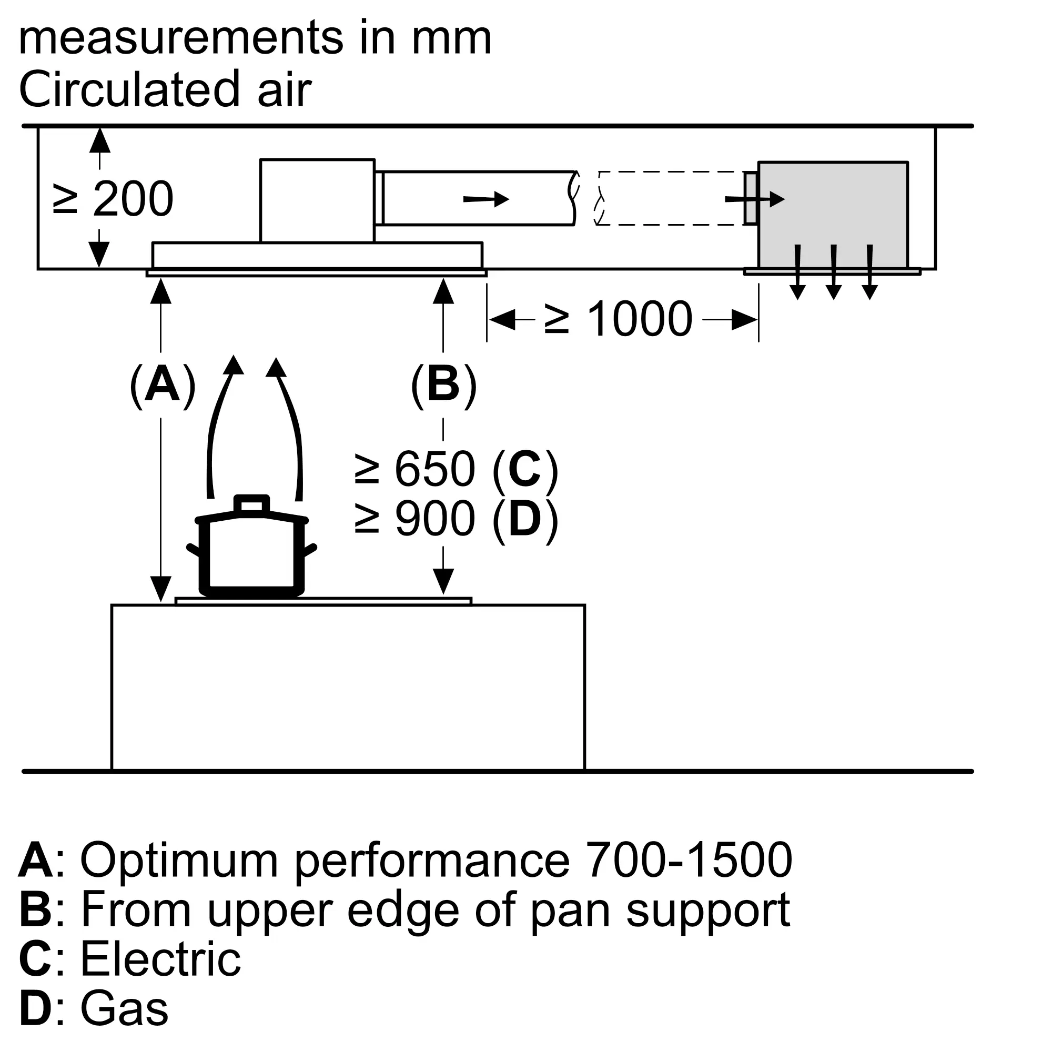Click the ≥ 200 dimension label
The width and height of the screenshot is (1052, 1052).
click(x=113, y=199)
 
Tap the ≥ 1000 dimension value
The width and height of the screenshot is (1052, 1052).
click(x=619, y=319)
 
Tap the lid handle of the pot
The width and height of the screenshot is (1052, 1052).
click(x=251, y=504)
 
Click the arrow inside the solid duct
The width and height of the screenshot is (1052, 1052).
click(x=485, y=199)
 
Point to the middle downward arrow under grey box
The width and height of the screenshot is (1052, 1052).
click(x=834, y=272)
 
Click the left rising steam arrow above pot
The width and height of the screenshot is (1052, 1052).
click(x=220, y=424)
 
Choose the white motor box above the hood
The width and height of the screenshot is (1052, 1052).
click(x=317, y=200)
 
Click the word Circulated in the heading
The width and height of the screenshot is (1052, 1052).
click(x=129, y=89)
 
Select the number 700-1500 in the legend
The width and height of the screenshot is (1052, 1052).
click(x=689, y=860)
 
